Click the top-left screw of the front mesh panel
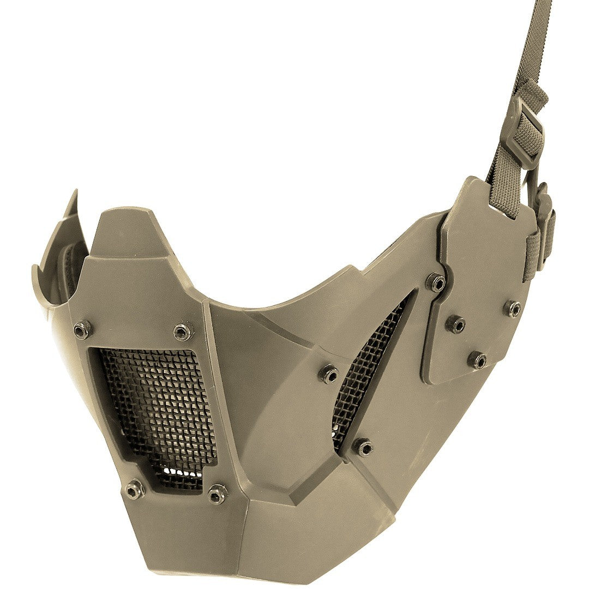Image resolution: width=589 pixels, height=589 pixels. click(x=82, y=329)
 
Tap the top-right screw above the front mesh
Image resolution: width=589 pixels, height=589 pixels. click(x=183, y=332)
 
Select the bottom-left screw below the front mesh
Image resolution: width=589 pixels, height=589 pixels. click(x=134, y=489)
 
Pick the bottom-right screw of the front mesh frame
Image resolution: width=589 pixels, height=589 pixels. click(x=218, y=494)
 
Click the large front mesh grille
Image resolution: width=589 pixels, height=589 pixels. click(x=158, y=409)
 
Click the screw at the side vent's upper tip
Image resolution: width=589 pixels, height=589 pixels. click(x=436, y=282)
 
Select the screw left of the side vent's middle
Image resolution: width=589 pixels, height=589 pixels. click(x=329, y=374)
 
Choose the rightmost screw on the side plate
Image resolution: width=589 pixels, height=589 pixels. click(x=513, y=309)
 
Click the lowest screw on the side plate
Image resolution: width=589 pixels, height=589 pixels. click(x=478, y=360)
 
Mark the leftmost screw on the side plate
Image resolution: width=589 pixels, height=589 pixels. click(x=456, y=324)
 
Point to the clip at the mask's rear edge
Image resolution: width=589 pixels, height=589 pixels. click(x=543, y=229)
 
